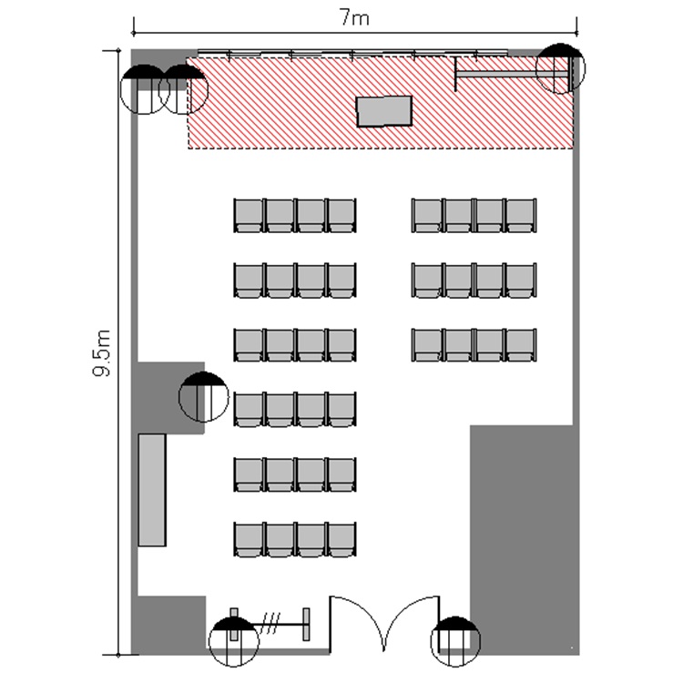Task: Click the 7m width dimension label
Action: coord(354,18)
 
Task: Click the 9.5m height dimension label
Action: coord(102,353)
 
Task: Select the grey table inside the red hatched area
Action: coord(383,111)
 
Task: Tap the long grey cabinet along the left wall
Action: coord(152,490)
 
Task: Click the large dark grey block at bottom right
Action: coord(525,539)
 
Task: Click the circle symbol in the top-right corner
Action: coord(560,68)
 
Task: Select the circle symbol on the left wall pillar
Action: coord(203,397)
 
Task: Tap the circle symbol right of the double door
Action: coord(455,641)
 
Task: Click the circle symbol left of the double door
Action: coord(234,641)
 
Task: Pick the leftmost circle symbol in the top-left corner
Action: coord(145,89)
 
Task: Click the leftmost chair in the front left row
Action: coord(249,215)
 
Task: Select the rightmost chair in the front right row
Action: coord(521,215)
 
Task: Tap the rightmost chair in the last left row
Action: coord(341,540)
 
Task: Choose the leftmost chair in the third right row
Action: coord(427,345)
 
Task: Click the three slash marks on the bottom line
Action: coord(270,624)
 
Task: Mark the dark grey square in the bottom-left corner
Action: coord(168,625)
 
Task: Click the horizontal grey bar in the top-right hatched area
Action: coord(512,75)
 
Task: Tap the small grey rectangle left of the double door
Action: coord(306,624)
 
